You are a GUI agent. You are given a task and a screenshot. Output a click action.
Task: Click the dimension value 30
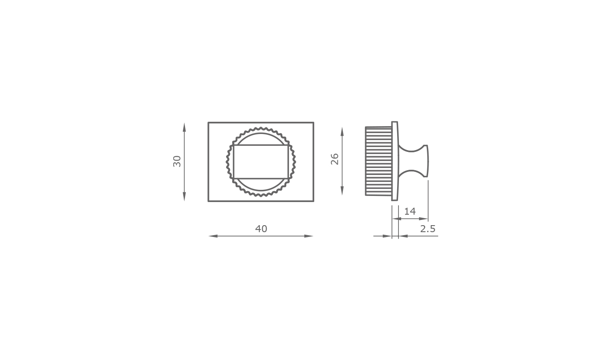177,161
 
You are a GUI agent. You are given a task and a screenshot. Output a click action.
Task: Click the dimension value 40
261,229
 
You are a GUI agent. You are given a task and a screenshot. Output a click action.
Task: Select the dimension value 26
335,159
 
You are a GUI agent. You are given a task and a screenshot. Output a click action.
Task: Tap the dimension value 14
410,211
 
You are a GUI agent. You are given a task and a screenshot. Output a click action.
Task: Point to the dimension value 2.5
428,229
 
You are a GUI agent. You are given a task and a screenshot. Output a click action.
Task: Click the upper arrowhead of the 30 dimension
184,127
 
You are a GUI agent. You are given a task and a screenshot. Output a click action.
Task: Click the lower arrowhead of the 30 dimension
184,196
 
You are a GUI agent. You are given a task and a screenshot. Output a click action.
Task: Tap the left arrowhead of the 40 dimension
213,236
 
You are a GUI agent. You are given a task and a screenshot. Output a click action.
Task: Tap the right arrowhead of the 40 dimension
309,236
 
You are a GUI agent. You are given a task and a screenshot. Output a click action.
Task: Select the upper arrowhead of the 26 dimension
342,132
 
